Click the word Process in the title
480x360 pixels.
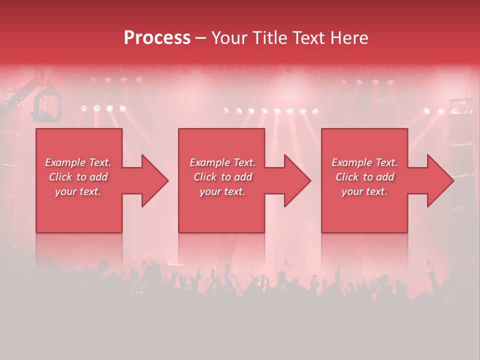tap(157, 37)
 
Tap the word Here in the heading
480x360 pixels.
tap(350, 37)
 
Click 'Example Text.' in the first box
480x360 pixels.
tap(78, 162)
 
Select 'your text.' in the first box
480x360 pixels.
tap(78, 191)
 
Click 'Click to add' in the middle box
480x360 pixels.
tap(222, 177)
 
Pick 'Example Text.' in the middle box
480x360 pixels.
tap(222, 162)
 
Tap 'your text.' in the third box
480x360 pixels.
tap(364, 191)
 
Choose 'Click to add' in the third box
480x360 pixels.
tap(364, 177)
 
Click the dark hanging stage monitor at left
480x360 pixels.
tap(47, 105)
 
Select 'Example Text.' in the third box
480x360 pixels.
tap(364, 162)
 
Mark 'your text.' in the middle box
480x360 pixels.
tap(222, 191)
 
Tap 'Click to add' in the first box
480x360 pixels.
tap(78, 177)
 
